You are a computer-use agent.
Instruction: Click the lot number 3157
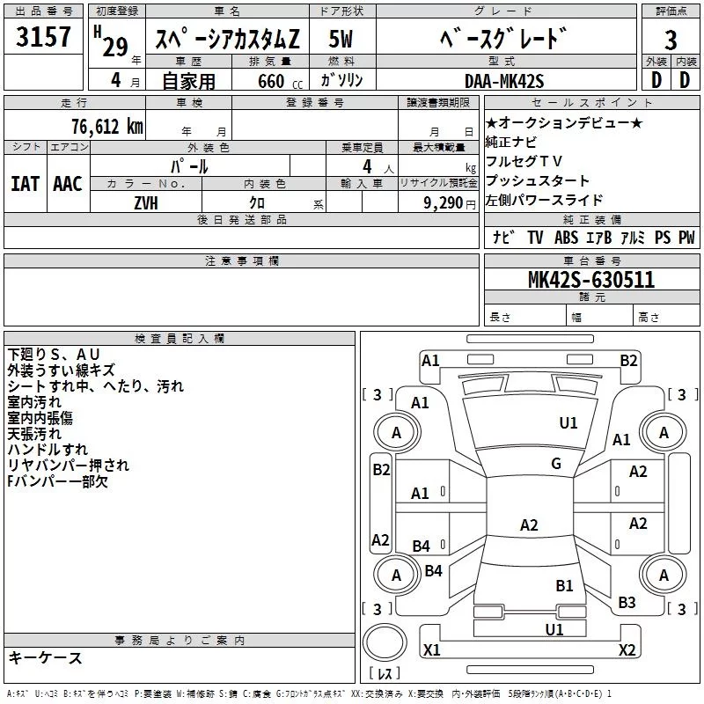point(45,39)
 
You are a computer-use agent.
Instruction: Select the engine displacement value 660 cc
point(265,81)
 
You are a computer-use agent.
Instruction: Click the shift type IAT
point(25,183)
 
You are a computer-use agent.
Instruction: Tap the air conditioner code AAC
point(67,183)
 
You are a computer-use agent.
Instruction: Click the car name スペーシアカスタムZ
point(227,40)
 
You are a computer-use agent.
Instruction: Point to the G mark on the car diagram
point(556,464)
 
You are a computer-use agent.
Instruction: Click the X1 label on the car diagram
point(431,649)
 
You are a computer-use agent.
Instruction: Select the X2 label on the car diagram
point(627,649)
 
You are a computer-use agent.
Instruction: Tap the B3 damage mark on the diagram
point(627,603)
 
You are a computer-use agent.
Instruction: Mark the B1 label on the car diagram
point(564,585)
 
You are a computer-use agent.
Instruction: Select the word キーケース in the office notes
point(45,658)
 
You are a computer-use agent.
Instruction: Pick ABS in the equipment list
point(566,238)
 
